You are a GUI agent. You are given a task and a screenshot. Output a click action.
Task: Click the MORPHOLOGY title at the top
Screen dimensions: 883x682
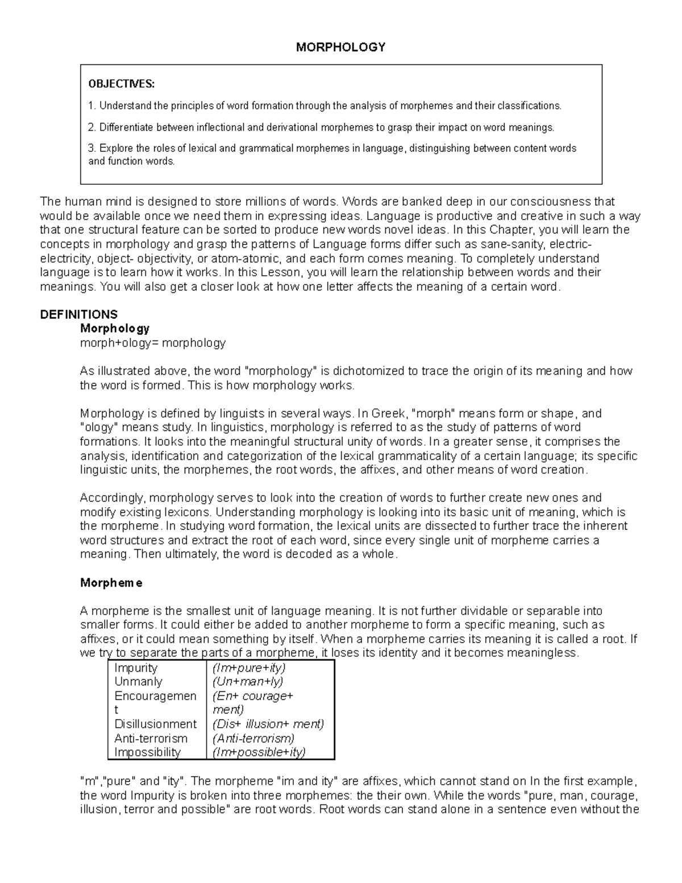coord(340,47)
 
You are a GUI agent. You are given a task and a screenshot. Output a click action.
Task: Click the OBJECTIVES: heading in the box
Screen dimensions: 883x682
coord(121,84)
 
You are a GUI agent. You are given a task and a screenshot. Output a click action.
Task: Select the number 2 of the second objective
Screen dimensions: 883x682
coord(91,127)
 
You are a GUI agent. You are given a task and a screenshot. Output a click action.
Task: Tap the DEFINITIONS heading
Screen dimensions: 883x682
coord(79,314)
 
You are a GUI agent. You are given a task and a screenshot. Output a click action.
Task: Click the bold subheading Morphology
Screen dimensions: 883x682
coord(115,329)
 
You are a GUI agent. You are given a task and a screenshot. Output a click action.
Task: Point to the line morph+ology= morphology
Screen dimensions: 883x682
coord(153,343)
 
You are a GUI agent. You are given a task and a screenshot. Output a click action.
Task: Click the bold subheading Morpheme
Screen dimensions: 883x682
coord(111,583)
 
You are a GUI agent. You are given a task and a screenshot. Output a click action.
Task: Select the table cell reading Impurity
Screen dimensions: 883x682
coord(136,668)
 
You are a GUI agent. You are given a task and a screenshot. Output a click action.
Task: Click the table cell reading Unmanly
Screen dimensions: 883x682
coord(138,682)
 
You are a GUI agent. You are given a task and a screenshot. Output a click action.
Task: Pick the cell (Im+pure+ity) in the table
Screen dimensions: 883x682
coord(249,668)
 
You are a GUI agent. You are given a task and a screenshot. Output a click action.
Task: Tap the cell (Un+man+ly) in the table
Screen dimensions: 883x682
coord(248,682)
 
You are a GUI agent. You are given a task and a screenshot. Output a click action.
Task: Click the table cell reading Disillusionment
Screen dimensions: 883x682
coord(155,724)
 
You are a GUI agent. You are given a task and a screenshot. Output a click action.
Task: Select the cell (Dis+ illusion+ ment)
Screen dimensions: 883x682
coord(268,724)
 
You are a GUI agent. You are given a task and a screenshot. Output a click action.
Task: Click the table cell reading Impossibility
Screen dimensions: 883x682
coord(147,752)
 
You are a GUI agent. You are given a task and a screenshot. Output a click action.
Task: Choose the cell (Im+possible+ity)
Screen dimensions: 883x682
coord(259,752)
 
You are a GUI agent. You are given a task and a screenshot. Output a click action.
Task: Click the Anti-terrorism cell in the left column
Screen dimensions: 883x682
coord(151,739)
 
